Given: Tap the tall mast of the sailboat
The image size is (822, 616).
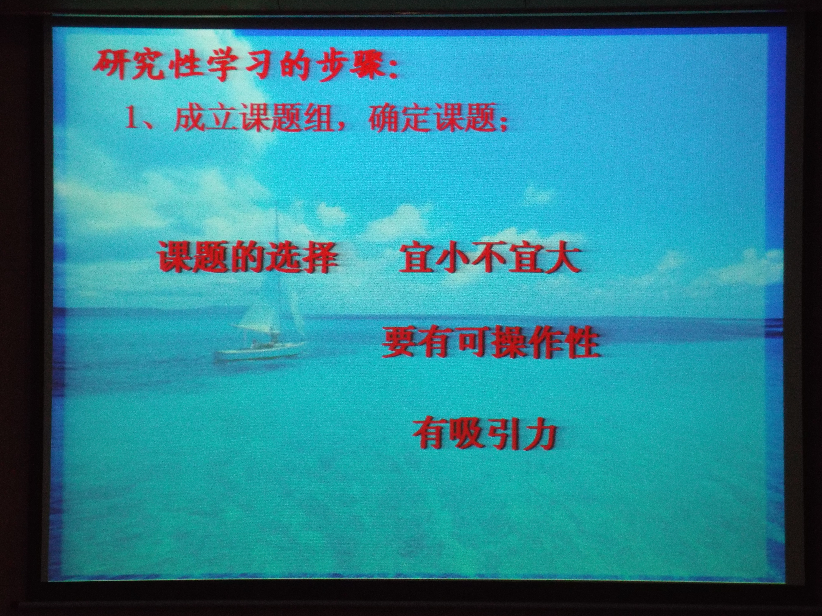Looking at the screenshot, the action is [x=277, y=271].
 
